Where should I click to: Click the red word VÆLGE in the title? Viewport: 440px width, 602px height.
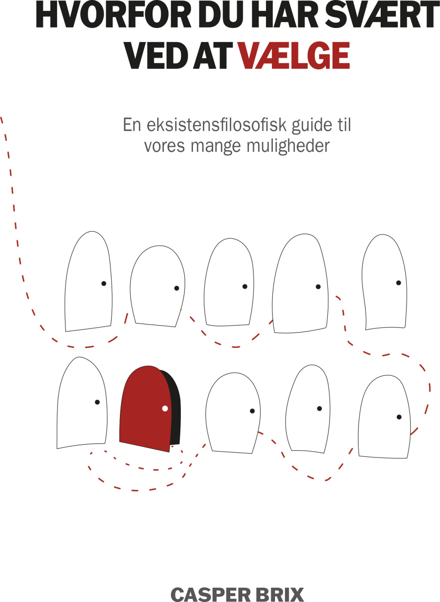click(x=294, y=55)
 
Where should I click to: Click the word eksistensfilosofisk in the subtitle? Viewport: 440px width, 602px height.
click(x=217, y=125)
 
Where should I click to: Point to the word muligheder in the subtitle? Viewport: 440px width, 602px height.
click(x=288, y=146)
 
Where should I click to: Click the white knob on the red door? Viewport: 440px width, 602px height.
click(x=165, y=408)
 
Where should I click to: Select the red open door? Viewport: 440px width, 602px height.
click(x=146, y=408)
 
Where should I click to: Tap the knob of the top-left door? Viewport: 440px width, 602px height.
click(x=104, y=283)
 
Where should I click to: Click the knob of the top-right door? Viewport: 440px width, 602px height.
click(x=399, y=283)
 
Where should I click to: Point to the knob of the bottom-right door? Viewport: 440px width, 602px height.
click(x=399, y=417)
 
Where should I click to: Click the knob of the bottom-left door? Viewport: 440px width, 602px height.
click(x=97, y=402)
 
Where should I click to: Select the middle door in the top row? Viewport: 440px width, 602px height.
click(x=229, y=282)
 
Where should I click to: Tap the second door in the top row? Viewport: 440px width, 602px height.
click(x=158, y=286)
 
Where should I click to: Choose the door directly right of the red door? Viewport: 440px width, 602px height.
click(x=233, y=413)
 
